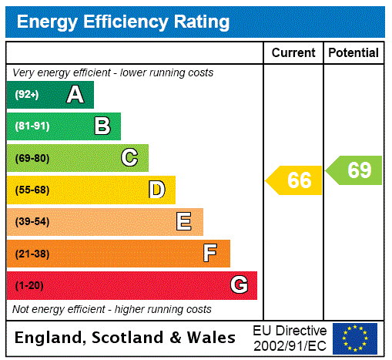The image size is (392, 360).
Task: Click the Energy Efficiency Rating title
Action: (123, 22)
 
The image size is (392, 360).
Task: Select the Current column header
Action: (293, 53)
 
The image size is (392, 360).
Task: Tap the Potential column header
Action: (353, 53)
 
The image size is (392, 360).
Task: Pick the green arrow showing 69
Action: (355, 170)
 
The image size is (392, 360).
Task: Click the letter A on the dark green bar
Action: (75, 95)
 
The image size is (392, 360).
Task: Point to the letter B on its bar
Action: (102, 126)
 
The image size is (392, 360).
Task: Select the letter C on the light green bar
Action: (129, 158)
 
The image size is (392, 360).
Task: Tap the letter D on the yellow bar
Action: (156, 190)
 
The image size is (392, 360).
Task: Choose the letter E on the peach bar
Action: (184, 222)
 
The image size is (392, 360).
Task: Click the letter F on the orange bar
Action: (209, 253)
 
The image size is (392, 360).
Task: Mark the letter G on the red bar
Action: (239, 285)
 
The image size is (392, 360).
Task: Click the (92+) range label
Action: (26, 95)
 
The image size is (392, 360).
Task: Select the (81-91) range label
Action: (32, 126)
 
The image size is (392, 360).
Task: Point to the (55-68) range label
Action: (32, 190)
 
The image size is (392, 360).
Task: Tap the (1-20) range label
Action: (29, 285)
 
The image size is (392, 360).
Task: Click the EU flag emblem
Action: (355, 338)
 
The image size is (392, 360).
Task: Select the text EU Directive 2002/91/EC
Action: (290, 338)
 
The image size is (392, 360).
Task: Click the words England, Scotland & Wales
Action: (126, 338)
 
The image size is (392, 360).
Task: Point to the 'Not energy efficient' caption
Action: (112, 309)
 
